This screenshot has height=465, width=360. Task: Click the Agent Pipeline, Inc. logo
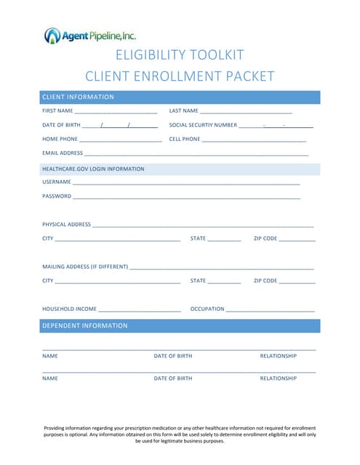click(90, 35)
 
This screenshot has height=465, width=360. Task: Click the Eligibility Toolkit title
click(180, 55)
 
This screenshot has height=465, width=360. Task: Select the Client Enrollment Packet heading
click(180, 76)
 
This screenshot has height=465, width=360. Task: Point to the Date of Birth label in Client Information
click(61, 125)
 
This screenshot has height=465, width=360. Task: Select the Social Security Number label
click(203, 125)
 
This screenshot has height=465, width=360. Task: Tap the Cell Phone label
click(185, 139)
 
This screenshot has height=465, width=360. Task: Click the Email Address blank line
click(196, 154)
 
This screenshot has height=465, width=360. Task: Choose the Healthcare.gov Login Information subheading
click(93, 169)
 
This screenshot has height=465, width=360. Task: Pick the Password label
click(57, 196)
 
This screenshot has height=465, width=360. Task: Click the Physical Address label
click(66, 225)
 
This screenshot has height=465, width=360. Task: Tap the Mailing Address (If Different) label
click(85, 267)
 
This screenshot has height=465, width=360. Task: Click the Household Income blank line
click(139, 310)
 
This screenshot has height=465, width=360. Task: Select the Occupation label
click(207, 309)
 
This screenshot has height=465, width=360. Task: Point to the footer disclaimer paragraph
click(180, 434)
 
